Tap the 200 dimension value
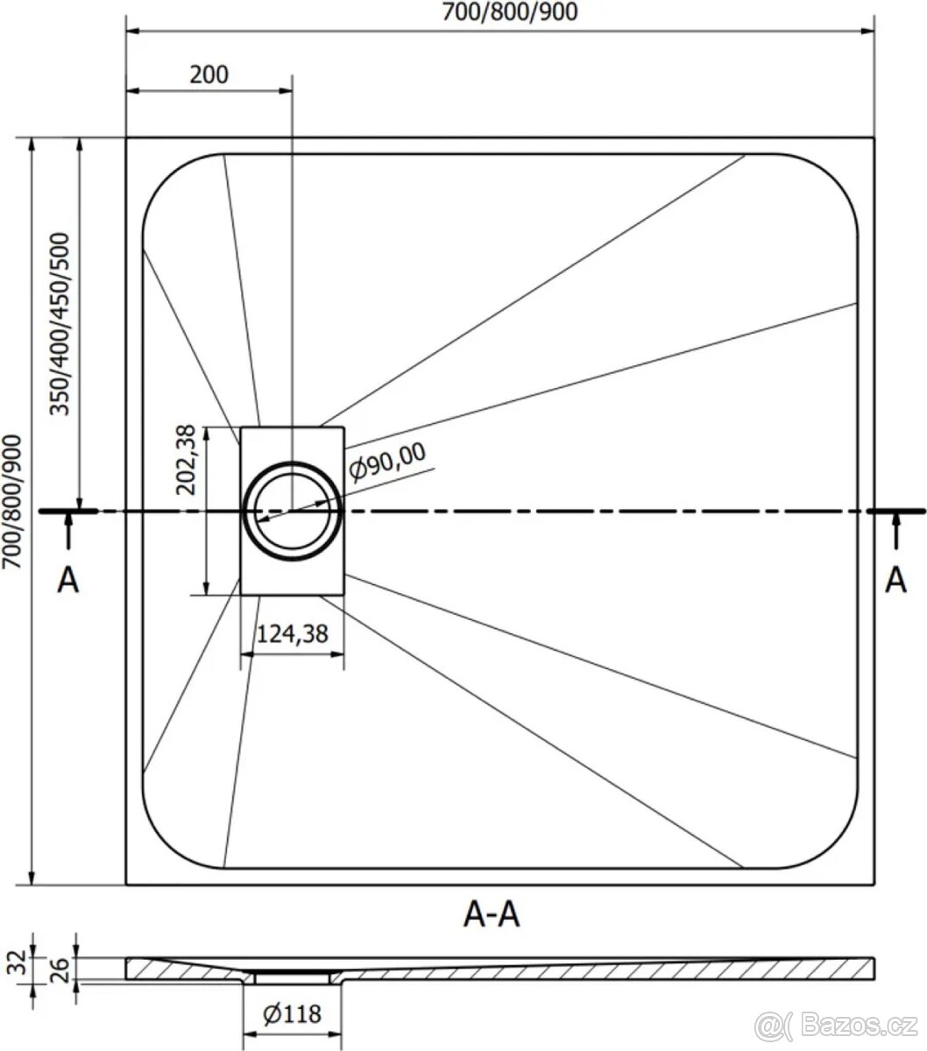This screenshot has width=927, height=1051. click(x=209, y=74)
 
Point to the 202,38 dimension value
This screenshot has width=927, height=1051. click(x=187, y=462)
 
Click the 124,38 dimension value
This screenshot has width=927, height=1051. click(x=292, y=634)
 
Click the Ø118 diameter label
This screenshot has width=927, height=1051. click(x=292, y=1014)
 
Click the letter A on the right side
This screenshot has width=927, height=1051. click(x=895, y=580)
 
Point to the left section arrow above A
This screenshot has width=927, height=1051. click(x=68, y=531)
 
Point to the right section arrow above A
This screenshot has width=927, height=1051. click(x=895, y=531)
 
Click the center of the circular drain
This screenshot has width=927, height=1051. click(x=292, y=511)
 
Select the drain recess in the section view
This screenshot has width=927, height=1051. click(x=293, y=973)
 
